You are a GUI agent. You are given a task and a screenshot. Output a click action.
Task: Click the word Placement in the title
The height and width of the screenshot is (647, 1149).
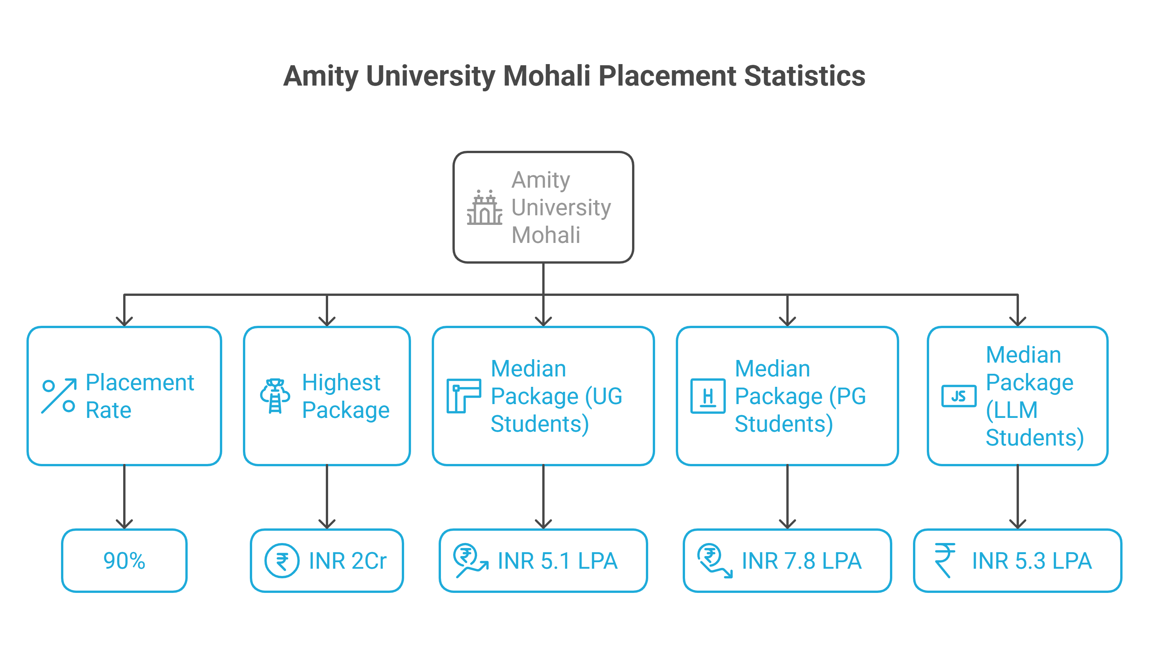click(x=667, y=76)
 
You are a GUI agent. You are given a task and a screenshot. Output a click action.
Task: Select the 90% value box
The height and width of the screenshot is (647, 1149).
click(x=124, y=561)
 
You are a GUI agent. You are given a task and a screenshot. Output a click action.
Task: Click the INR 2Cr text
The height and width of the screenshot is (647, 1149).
click(x=347, y=561)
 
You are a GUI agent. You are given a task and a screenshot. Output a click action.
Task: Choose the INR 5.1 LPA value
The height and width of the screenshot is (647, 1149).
click(x=557, y=561)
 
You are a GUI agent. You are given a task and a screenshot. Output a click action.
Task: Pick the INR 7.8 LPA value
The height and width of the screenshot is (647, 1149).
click(x=801, y=561)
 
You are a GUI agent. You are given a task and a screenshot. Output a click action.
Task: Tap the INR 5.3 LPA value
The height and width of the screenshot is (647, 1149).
click(x=1031, y=561)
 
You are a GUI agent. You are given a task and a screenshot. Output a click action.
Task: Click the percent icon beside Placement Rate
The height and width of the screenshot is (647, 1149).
click(x=59, y=396)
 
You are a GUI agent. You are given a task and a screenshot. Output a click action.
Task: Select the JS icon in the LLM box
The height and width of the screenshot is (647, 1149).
click(x=959, y=396)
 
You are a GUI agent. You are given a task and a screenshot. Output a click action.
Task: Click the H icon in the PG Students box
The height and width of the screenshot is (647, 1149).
click(x=707, y=396)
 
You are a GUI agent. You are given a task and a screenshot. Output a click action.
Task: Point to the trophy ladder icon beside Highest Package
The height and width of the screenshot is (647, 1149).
click(x=275, y=396)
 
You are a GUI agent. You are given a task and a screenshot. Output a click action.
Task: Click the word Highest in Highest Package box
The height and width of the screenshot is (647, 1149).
click(x=341, y=382)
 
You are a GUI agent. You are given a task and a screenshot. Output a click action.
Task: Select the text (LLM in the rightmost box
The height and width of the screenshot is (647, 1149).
click(x=1011, y=409)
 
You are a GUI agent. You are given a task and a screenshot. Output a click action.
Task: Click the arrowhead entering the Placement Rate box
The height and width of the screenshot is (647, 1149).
click(x=124, y=321)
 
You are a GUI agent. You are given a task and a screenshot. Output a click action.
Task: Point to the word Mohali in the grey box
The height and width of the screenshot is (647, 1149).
click(x=545, y=235)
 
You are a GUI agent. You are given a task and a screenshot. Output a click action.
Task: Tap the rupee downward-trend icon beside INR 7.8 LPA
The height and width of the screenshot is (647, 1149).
click(x=714, y=561)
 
